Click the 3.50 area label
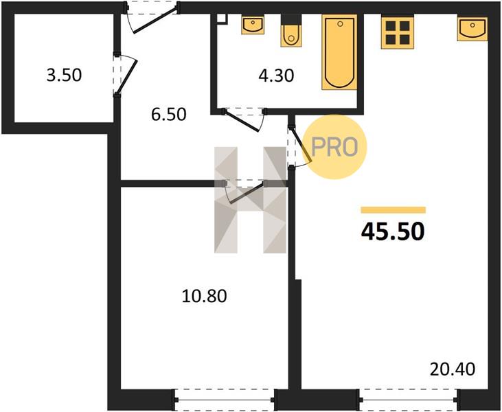[x=64, y=76]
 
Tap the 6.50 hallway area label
[x=169, y=114]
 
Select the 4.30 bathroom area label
[x=276, y=76]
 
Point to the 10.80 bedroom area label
[x=204, y=296]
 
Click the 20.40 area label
[x=453, y=369]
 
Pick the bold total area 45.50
[x=393, y=231]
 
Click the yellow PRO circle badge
[x=334, y=147]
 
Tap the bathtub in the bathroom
[x=339, y=52]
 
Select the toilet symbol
[x=291, y=31]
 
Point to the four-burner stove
[x=398, y=33]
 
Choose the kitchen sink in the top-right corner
[x=472, y=29]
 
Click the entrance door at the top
[x=152, y=17]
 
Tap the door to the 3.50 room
[x=125, y=75]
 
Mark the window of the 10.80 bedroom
[x=224, y=400]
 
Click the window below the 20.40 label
[x=409, y=400]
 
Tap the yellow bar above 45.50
[x=393, y=210]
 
